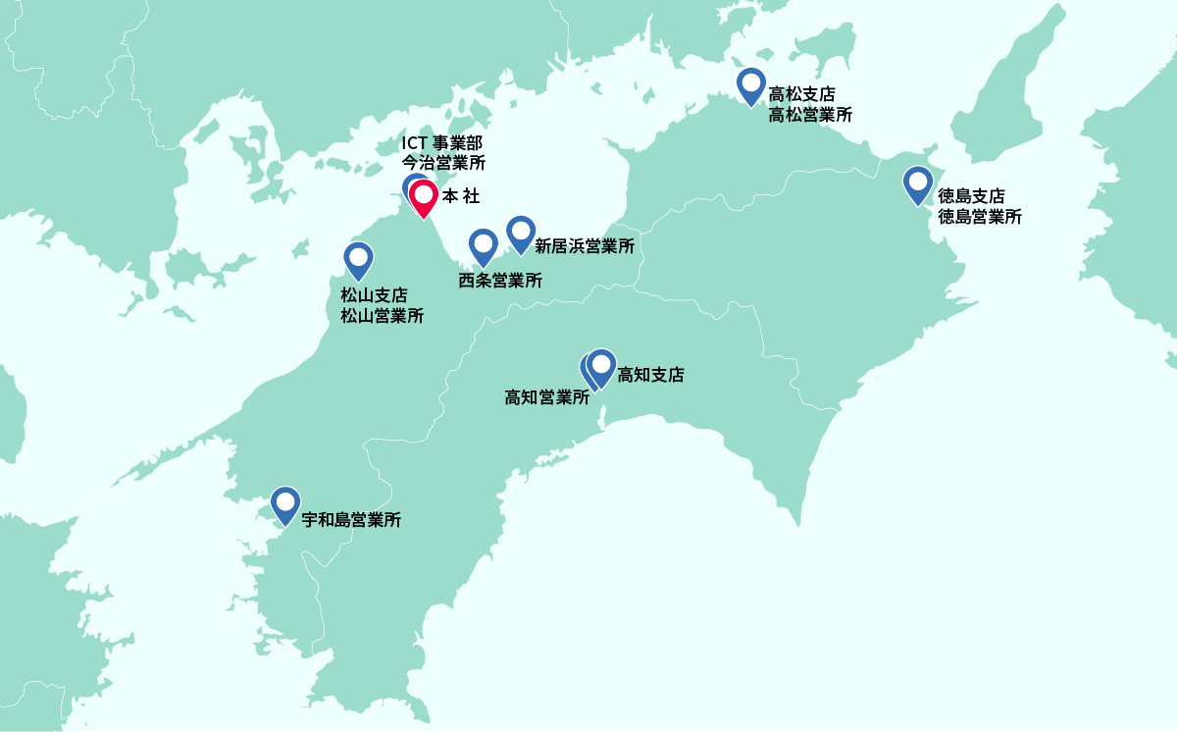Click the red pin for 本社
(x=423, y=198)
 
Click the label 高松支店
(x=801, y=95)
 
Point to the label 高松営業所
(x=810, y=114)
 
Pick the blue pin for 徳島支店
(x=918, y=184)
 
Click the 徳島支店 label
(x=971, y=196)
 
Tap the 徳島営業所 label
(x=980, y=217)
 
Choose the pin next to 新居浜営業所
(x=521, y=234)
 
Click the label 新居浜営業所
(x=584, y=246)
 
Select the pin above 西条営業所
(x=484, y=246)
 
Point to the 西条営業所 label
(x=500, y=281)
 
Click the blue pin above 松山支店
(x=359, y=260)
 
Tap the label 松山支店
(x=374, y=295)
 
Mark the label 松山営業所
(x=383, y=316)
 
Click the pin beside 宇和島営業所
(x=285, y=504)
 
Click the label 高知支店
(x=650, y=374)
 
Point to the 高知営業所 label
(x=546, y=397)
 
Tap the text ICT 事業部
(x=441, y=143)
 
